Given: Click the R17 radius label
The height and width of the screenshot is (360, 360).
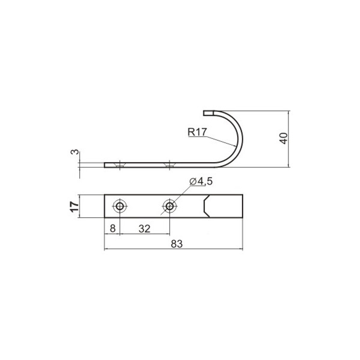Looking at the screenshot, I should point(197,132).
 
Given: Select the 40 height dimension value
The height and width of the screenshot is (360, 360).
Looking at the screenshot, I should point(284,138).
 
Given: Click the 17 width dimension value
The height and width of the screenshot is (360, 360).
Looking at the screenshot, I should point(74,206).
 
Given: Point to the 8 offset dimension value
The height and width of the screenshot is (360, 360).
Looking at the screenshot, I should point(112,229).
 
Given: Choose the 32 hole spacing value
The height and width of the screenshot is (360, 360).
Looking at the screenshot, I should point(144,229).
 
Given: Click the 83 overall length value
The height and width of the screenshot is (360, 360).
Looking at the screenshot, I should point(177,244).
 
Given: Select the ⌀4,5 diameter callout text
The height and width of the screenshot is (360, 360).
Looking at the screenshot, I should point(201,181).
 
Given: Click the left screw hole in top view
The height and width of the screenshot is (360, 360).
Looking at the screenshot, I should point(120,206).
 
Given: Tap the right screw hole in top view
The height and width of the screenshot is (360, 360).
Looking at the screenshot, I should point(170,206).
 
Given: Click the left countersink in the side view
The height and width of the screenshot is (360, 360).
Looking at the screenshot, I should point(120,165).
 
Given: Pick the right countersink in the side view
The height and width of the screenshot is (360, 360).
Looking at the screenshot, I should point(170,165).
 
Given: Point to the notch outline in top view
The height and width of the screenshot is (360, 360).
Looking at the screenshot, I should point(204,206).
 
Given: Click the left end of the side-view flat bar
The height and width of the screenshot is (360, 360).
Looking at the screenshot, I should point(105,165).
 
